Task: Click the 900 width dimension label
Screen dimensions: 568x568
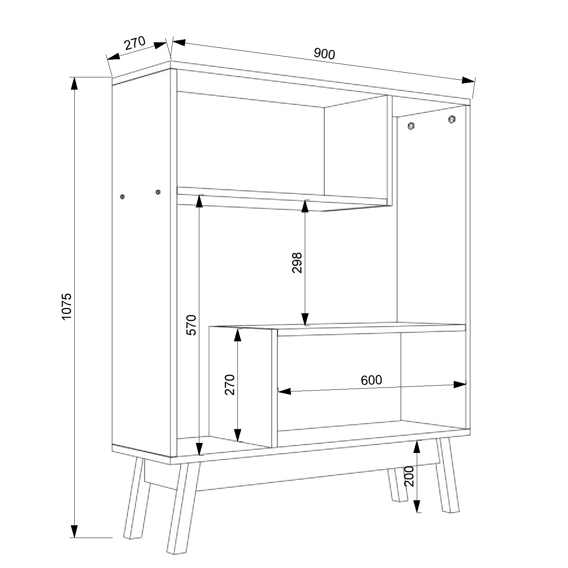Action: pos(324,53)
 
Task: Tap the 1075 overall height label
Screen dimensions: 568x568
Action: pos(67,306)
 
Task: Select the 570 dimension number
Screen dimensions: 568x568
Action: pos(191,325)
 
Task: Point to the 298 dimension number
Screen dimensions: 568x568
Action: pos(297,263)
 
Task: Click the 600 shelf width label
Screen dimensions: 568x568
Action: pos(371,380)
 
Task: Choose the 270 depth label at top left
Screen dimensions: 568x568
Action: pos(135,43)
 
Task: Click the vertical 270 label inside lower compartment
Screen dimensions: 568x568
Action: pos(229,385)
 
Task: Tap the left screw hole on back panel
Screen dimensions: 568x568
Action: pos(411,125)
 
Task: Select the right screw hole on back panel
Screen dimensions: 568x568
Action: pos(452,119)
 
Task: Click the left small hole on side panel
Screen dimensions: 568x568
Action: pos(122,197)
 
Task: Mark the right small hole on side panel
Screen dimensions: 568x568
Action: pos(158,192)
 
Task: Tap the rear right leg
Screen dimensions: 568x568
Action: pos(396,484)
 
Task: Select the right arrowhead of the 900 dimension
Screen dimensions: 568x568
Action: pos(468,80)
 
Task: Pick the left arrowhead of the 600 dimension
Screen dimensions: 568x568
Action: pos(284,391)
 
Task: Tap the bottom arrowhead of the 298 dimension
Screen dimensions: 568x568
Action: pos(305,319)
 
